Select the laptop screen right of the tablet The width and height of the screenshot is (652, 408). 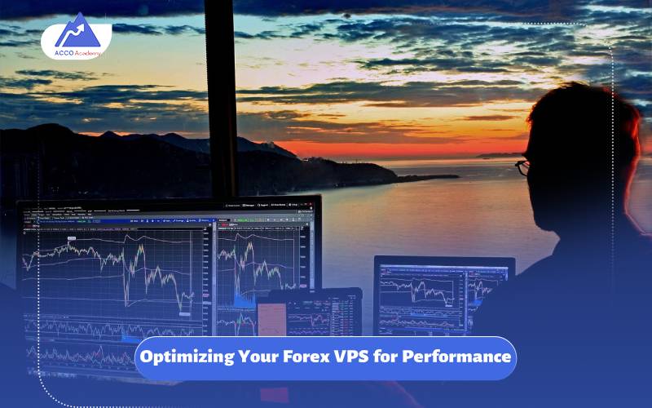point(443,295)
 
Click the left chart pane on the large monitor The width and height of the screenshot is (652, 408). point(114,277)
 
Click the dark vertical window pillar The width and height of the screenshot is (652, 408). point(220,98)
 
